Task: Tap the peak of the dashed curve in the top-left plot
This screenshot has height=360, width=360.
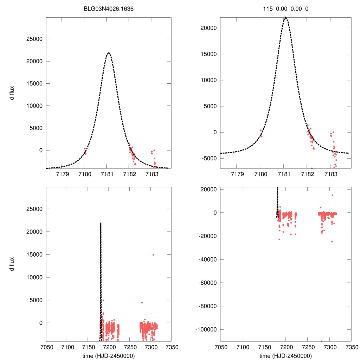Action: (x=109, y=53)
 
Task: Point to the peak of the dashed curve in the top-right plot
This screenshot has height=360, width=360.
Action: (x=286, y=17)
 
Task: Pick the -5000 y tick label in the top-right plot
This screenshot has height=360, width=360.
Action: (x=209, y=158)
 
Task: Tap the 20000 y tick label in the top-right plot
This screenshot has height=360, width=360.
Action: (x=208, y=28)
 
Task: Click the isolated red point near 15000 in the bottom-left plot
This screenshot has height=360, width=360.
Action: (x=153, y=255)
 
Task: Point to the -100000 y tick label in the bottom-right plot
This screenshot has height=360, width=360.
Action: (x=206, y=329)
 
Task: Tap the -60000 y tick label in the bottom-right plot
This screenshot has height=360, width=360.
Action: (x=207, y=283)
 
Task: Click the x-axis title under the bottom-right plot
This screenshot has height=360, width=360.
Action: (x=286, y=355)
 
